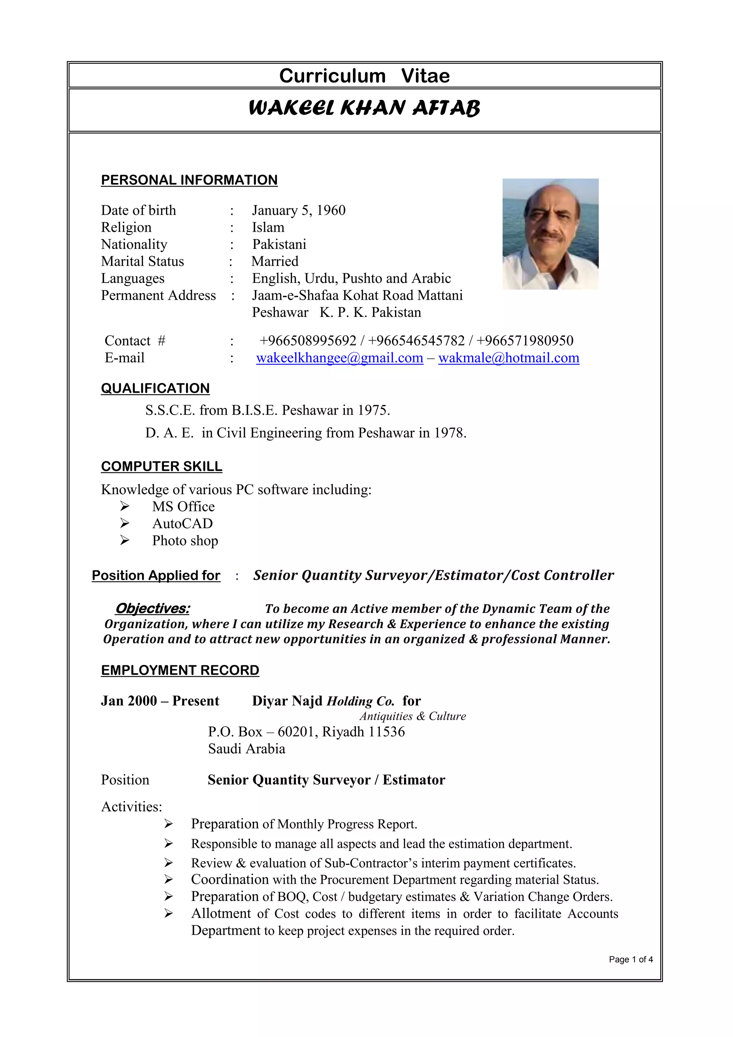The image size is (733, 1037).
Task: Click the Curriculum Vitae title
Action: click(x=364, y=76)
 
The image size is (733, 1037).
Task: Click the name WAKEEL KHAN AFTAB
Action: click(x=364, y=108)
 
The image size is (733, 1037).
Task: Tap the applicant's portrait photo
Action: click(x=550, y=233)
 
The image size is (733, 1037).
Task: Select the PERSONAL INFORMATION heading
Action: click(x=189, y=180)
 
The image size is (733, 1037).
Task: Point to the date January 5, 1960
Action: click(x=298, y=211)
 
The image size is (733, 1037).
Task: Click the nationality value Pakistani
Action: click(x=279, y=244)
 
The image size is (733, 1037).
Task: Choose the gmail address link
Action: click(x=339, y=358)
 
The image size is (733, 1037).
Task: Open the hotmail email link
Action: click(x=509, y=358)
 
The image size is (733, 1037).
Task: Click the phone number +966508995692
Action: click(x=308, y=341)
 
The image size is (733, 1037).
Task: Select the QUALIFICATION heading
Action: click(x=155, y=389)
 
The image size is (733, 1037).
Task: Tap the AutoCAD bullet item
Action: click(x=182, y=524)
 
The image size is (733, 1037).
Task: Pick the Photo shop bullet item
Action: click(x=185, y=541)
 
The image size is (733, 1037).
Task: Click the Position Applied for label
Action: click(x=156, y=575)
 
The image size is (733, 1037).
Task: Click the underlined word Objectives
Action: click(x=152, y=609)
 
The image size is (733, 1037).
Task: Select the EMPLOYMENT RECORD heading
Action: click(x=180, y=670)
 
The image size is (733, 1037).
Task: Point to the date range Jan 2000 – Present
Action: click(x=160, y=701)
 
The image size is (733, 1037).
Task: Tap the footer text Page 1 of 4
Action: click(x=631, y=959)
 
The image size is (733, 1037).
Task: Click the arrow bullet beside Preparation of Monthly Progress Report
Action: click(x=168, y=824)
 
